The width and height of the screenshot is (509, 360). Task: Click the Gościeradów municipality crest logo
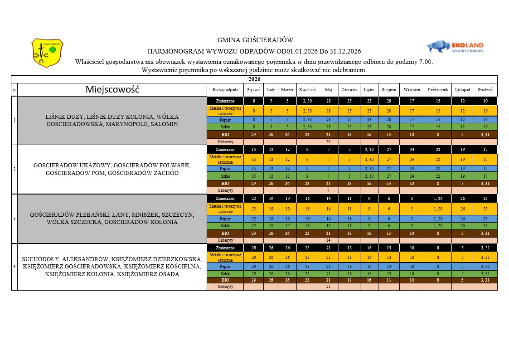click(x=47, y=53)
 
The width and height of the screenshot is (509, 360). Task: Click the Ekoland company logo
click(x=455, y=47)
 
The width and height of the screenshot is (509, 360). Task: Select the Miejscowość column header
click(x=112, y=90)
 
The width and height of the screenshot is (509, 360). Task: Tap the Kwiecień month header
click(x=307, y=90)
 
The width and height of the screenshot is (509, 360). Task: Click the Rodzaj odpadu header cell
click(x=225, y=90)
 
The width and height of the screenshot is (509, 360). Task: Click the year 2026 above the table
click(x=254, y=79)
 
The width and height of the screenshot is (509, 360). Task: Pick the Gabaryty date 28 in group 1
click(x=329, y=142)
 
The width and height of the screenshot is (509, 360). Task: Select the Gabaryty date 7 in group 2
click(x=329, y=190)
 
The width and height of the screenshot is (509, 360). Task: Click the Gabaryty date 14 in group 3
click(x=329, y=240)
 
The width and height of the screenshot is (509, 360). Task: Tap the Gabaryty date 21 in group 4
click(x=329, y=287)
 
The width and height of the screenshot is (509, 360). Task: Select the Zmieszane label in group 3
click(x=225, y=199)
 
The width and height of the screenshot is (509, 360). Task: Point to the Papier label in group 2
click(x=225, y=169)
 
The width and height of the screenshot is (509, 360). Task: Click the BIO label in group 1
click(x=225, y=135)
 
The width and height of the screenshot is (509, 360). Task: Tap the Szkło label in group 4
click(x=225, y=273)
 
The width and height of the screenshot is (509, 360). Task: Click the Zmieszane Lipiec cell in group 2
click(x=369, y=149)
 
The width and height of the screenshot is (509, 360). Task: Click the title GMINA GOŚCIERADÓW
click(x=256, y=40)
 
